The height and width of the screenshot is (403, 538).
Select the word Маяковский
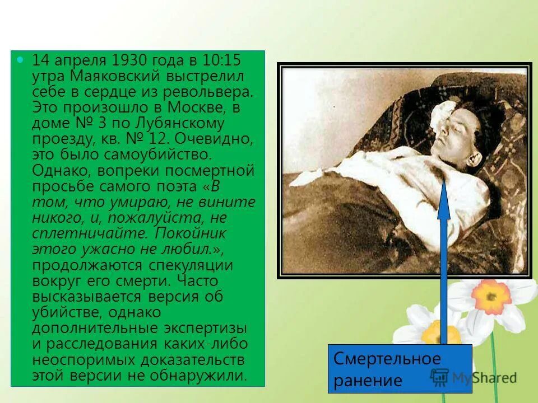tap(109, 76)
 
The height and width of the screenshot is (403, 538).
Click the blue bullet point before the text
tap(21, 59)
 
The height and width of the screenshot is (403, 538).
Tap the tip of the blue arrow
tap(444, 180)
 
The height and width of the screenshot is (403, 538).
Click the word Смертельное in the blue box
tap(387, 358)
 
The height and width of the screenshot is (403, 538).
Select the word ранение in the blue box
tap(368, 381)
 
